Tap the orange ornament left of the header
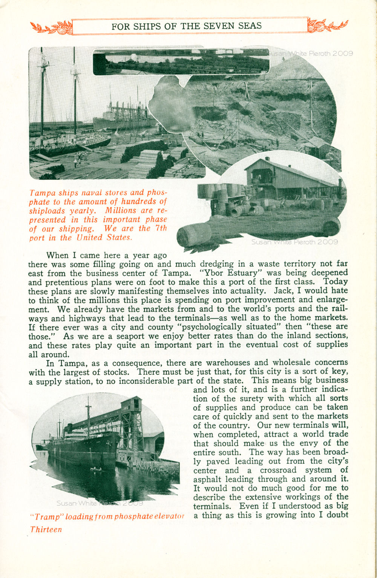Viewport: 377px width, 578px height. [x=51, y=28]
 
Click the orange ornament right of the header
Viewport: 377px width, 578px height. [x=327, y=26]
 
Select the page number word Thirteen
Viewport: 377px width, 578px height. [x=46, y=529]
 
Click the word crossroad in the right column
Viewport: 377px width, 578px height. [x=277, y=470]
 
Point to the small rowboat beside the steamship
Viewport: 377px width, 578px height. [x=97, y=469]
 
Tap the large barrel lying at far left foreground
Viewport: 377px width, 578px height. [x=194, y=236]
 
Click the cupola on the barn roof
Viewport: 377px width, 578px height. [x=267, y=159]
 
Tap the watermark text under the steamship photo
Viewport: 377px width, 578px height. [x=100, y=503]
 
